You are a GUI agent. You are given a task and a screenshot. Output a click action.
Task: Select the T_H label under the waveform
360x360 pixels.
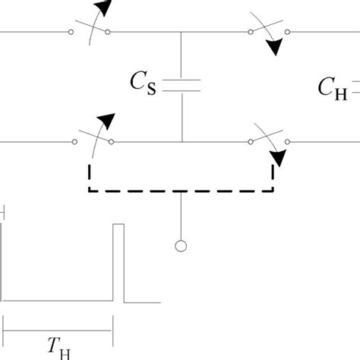point(58,348)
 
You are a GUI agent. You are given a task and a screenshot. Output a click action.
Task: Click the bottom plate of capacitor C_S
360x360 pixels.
point(182,90)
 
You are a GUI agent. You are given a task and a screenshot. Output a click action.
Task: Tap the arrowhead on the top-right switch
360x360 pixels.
point(273,49)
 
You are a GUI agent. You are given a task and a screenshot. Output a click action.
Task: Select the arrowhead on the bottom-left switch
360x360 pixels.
point(109,120)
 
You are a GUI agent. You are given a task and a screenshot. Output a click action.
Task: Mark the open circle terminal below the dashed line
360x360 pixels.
point(181,245)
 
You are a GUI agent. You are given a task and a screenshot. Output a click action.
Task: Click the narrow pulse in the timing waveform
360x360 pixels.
point(118,262)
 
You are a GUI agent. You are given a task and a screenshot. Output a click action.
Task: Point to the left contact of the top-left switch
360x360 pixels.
point(71,32)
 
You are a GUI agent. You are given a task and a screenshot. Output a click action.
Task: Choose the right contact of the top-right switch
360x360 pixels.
point(288,32)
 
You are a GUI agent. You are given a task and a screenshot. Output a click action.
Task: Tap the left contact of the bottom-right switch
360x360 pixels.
point(251,141)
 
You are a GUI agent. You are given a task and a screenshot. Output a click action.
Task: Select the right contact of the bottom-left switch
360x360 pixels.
point(111,141)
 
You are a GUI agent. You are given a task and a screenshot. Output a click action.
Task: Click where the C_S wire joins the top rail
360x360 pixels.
point(182,32)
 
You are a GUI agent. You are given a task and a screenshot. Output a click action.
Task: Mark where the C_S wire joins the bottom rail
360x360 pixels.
point(182,141)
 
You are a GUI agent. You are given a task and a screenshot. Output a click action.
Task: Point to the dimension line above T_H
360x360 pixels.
point(58,330)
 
